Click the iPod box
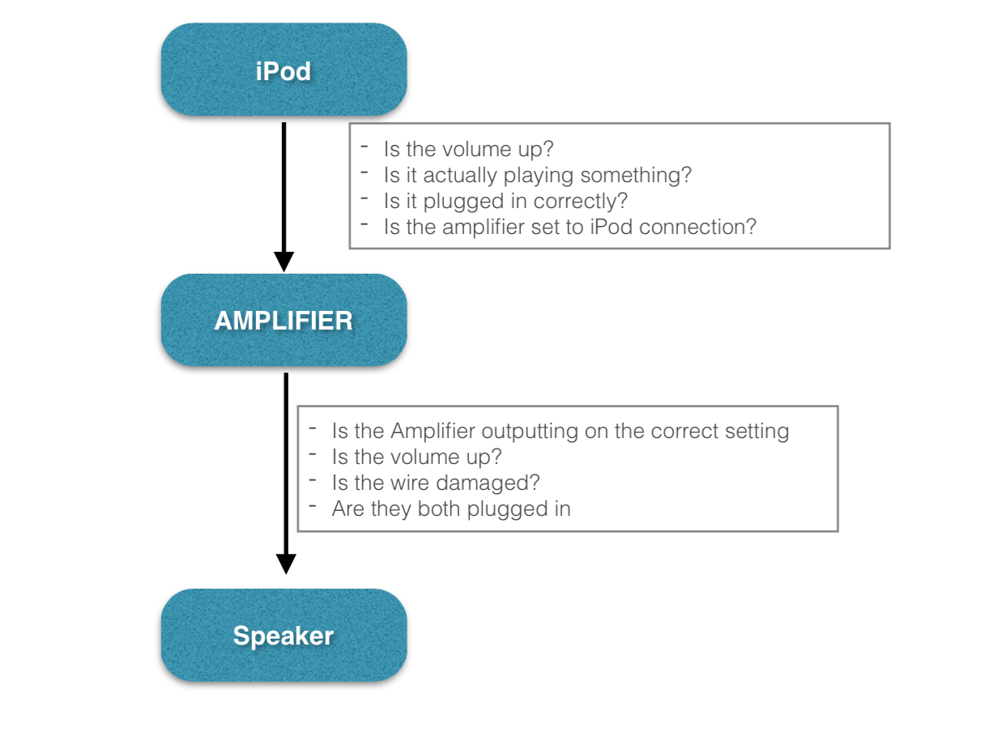[x=284, y=70]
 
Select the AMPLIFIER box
[x=284, y=320]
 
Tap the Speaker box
[x=284, y=635]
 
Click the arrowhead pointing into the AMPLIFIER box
[x=284, y=262]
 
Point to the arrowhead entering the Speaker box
[x=286, y=564]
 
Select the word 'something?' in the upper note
[x=636, y=176]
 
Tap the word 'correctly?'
[x=580, y=202]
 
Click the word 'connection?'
[x=697, y=227]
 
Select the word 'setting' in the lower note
[x=757, y=432]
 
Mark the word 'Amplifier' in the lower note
[x=433, y=432]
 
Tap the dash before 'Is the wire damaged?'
[x=313, y=480]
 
